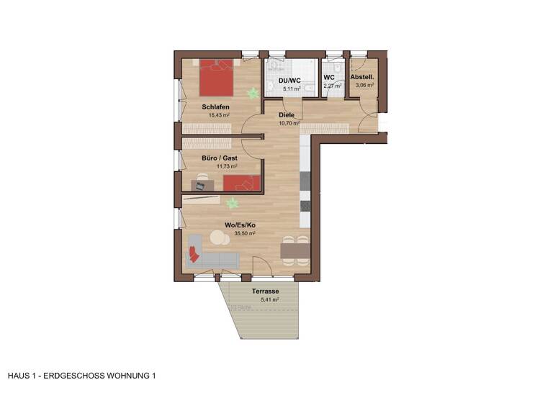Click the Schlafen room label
click(216, 107)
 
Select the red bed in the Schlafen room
click(216, 79)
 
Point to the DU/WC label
click(289, 79)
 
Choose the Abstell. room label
click(362, 77)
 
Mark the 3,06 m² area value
click(364, 85)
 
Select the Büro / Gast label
click(219, 158)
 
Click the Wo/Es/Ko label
click(240, 225)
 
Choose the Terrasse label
click(265, 291)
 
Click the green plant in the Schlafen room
click(252, 93)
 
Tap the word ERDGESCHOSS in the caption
click(81, 376)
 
